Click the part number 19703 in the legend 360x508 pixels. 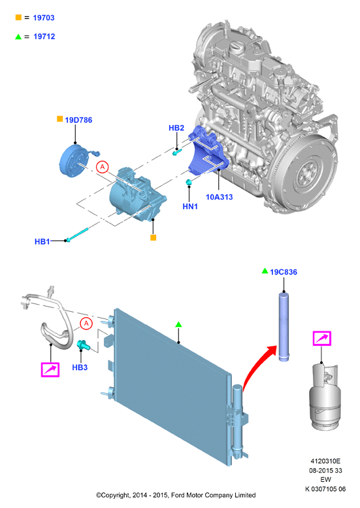tap(44, 18)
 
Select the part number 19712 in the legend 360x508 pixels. tap(44, 37)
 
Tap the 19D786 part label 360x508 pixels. tap(78, 120)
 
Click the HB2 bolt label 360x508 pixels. tap(176, 128)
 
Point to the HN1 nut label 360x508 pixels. tap(190, 207)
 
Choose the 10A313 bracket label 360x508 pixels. tap(219, 197)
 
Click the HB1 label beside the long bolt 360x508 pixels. tap(42, 242)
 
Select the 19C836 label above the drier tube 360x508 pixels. tap(284, 272)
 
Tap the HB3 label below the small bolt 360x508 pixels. tap(80, 367)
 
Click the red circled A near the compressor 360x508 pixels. tap(103, 167)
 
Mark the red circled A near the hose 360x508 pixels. tap(86, 324)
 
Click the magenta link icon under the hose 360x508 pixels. tap(50, 369)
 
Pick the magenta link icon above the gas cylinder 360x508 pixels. tap(322, 339)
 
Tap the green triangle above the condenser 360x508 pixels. tap(178, 324)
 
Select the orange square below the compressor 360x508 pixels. tap(154, 238)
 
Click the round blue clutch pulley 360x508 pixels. tap(74, 160)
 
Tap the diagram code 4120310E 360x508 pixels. tap(325, 461)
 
